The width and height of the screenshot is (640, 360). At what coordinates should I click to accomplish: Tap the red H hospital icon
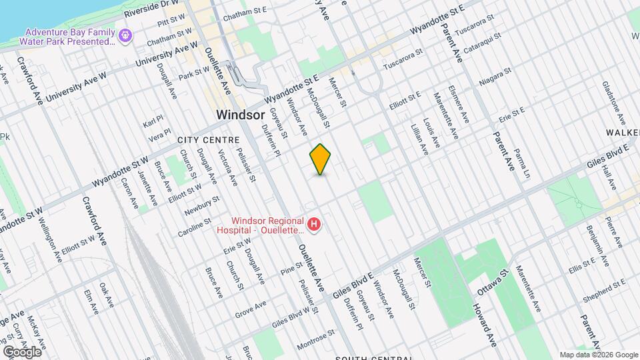313,225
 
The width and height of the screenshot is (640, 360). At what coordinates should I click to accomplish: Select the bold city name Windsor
241,115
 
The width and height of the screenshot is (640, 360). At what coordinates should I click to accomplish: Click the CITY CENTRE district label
208,141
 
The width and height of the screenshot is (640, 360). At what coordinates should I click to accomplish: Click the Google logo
22,352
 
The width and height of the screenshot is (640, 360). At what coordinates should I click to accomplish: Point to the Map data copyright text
599,355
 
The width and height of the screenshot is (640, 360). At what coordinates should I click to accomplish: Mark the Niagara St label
495,77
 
